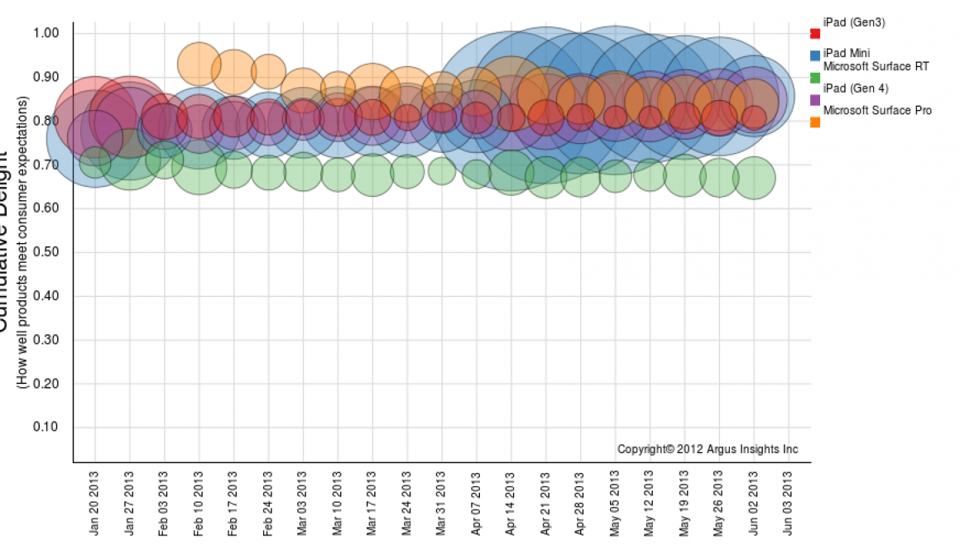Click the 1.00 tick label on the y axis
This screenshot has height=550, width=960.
coord(46,33)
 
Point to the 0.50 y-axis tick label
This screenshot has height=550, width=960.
coord(46,252)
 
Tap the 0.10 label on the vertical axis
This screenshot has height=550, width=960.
coord(46,428)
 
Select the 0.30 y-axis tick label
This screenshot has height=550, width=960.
coord(46,340)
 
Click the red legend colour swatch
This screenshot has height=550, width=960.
coord(815,33)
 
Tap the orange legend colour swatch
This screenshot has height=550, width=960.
coord(815,122)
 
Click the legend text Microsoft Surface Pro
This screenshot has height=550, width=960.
coord(877,110)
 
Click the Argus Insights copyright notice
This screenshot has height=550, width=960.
coord(708,449)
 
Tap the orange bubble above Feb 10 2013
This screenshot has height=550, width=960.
coord(199,63)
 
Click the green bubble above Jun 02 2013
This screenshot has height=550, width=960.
coord(754,178)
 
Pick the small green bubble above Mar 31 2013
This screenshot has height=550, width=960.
coord(442,172)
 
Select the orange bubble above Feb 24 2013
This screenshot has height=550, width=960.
coord(268,72)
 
